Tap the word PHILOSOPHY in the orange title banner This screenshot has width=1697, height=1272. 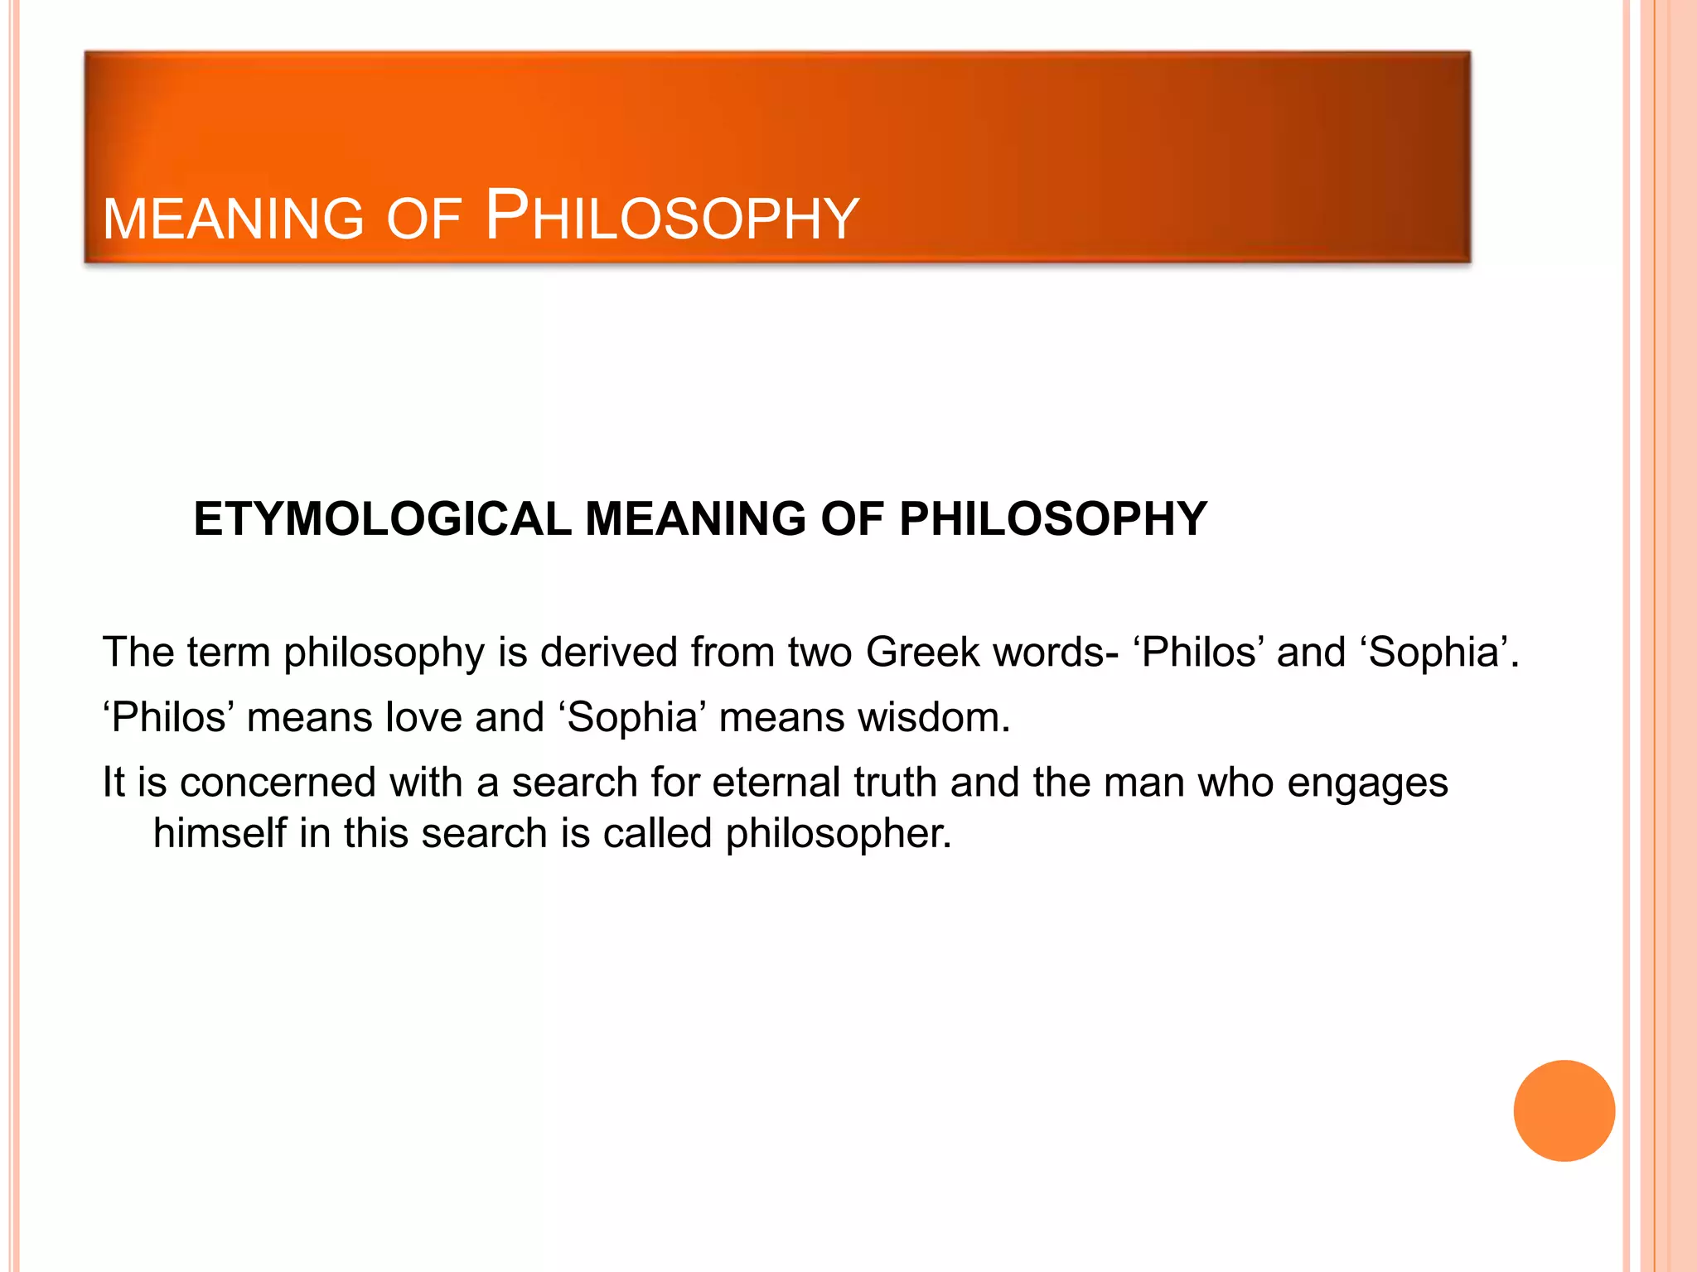click(672, 217)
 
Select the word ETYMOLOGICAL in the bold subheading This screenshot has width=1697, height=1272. click(382, 520)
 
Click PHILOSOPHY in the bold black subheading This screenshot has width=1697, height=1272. click(1053, 520)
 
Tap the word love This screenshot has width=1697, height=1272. click(423, 717)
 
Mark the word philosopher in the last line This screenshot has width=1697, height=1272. click(839, 834)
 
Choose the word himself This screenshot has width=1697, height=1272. click(219, 833)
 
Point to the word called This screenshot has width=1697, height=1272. click(657, 833)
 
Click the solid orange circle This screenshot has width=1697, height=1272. click(1564, 1111)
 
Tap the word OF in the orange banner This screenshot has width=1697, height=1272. click(423, 219)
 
